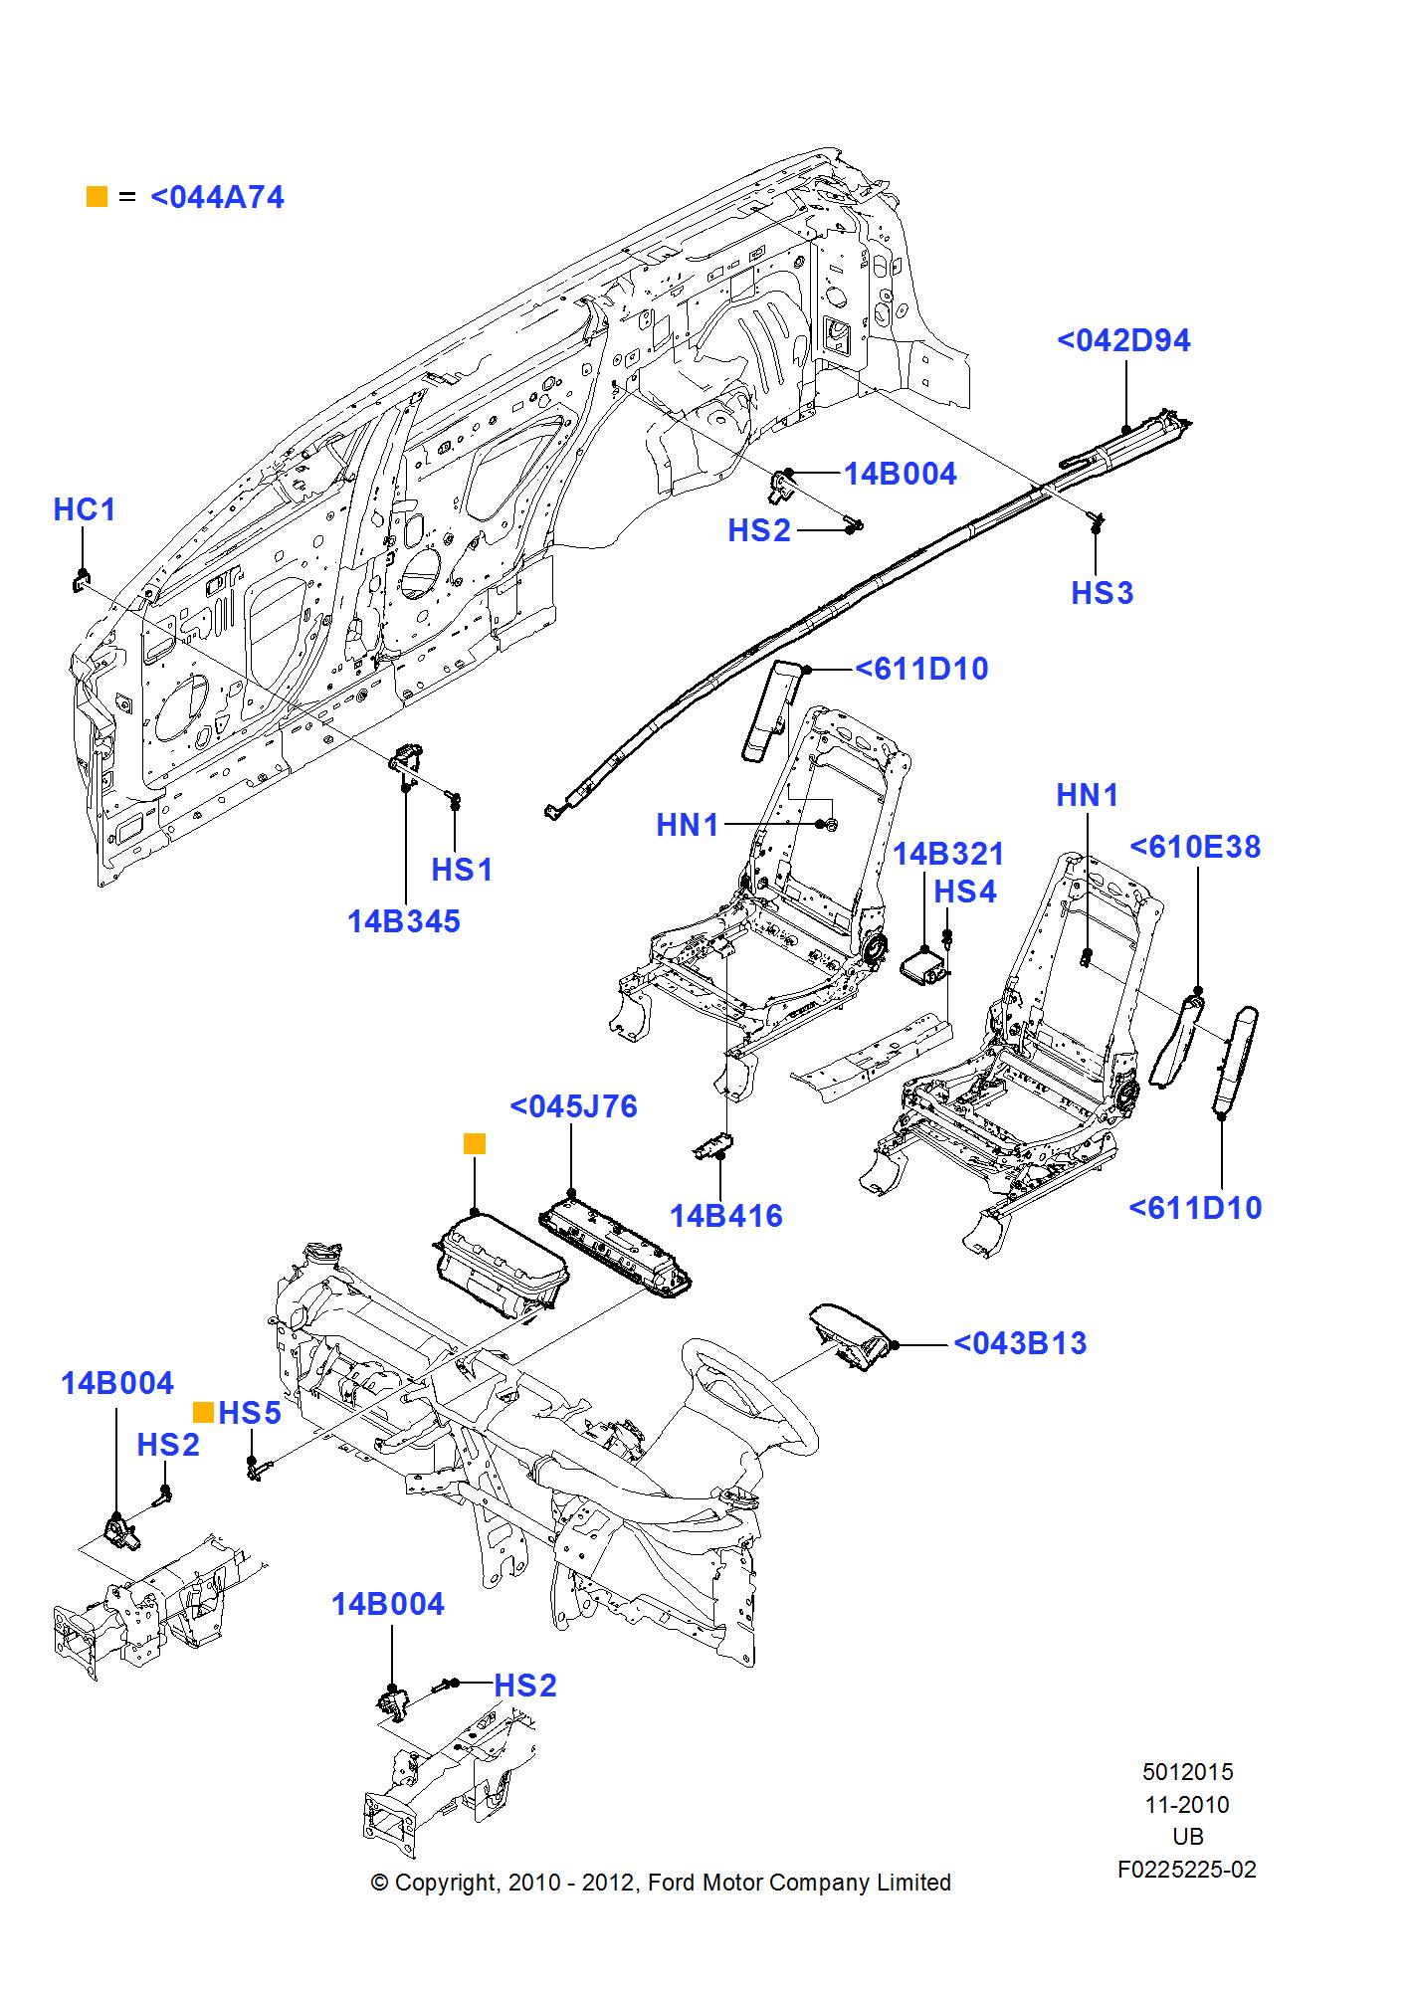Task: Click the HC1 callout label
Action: click(85, 509)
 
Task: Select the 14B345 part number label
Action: click(404, 921)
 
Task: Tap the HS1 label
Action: click(462, 870)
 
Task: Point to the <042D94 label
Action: click(1123, 340)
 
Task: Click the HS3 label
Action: click(1102, 593)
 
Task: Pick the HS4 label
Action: click(964, 892)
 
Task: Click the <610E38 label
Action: click(1195, 847)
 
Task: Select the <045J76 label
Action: click(573, 1106)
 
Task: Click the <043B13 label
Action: click(1020, 1343)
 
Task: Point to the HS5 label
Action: click(250, 1413)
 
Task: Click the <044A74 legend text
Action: click(217, 197)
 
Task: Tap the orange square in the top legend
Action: click(97, 196)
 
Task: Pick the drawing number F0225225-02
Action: click(1186, 1870)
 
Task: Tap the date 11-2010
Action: click(1187, 1805)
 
